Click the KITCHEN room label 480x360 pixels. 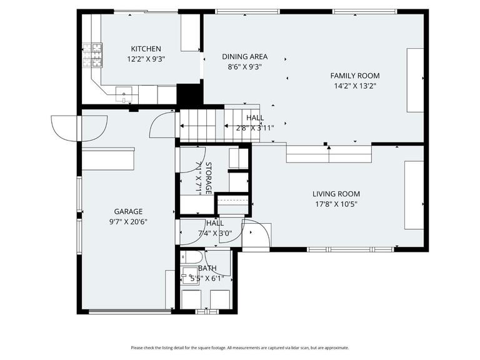coord(146,49)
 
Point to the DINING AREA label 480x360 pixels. coord(244,56)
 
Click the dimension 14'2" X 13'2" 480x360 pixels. coord(354,86)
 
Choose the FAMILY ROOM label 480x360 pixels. coord(354,76)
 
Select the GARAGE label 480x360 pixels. coord(128,211)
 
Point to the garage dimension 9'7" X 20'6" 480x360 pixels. coord(128,221)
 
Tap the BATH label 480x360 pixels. coord(207,268)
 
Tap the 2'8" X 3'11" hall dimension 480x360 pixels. coord(254,128)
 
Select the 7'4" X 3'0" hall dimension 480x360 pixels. coord(214,233)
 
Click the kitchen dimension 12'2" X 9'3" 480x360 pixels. coord(146,60)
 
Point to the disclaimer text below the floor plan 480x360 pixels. coord(240,348)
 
